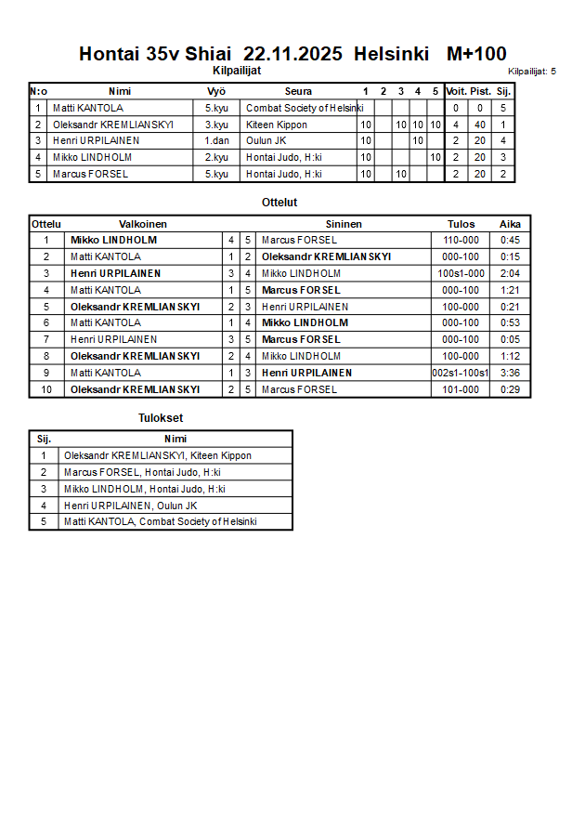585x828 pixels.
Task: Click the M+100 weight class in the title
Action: (x=476, y=54)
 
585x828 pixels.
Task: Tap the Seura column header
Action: (x=298, y=91)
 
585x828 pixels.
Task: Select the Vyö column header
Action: (x=215, y=91)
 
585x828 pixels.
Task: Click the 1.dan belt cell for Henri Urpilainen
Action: (x=216, y=140)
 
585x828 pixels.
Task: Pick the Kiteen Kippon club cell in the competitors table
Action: (x=277, y=125)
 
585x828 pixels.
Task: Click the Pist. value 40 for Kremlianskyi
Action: (x=480, y=125)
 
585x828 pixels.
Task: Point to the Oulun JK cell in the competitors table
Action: (x=266, y=140)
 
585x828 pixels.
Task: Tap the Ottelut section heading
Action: (x=279, y=203)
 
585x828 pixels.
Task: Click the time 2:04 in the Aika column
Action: (x=510, y=273)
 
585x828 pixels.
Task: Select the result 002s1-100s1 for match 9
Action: (x=461, y=374)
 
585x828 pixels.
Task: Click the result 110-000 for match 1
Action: (x=461, y=240)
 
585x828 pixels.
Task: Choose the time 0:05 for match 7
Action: (x=510, y=340)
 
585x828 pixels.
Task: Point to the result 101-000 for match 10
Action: (x=461, y=390)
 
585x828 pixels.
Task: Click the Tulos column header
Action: (x=461, y=224)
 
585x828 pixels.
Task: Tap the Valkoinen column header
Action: (x=143, y=224)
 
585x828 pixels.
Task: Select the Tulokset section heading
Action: (x=161, y=419)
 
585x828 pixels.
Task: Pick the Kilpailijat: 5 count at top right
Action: (x=532, y=72)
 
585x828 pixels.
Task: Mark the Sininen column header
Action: (x=344, y=224)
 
